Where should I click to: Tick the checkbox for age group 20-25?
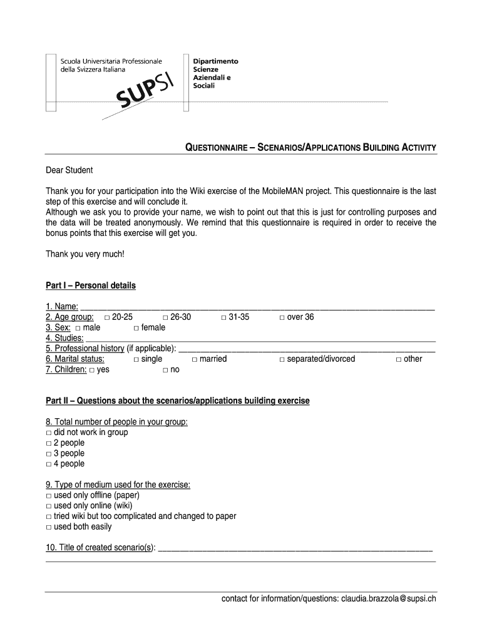coord(108,318)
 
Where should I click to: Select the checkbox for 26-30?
coord(165,318)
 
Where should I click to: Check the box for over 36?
coord(282,318)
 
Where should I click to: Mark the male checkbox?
coord(78,329)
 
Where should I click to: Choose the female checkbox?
coord(136,329)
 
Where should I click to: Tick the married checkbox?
coord(195,360)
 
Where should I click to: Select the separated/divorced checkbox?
coord(282,360)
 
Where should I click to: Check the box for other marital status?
coord(398,360)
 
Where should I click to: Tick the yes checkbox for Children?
coord(91,371)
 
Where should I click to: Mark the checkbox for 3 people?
coord(49,454)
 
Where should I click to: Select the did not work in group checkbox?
coord(49,433)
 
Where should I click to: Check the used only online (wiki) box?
coord(49,506)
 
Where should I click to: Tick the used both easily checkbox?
coord(49,528)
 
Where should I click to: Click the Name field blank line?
coord(257,307)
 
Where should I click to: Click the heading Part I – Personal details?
coord(91,285)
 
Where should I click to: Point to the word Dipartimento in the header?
coord(215,61)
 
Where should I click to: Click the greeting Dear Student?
coord(69,170)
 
